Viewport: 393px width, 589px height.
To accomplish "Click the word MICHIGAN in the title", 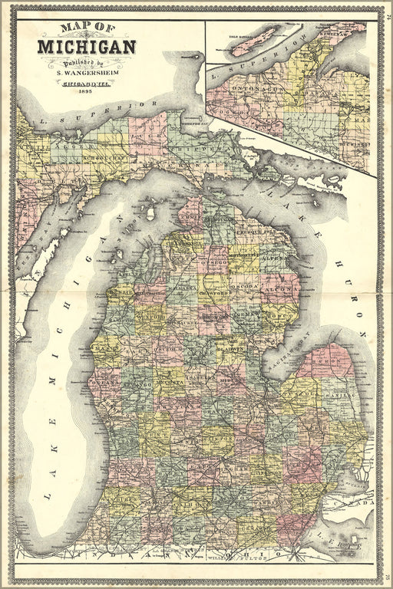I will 86,47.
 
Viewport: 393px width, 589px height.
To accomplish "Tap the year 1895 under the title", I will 86,92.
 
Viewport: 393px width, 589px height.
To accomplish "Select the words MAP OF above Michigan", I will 86,30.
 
